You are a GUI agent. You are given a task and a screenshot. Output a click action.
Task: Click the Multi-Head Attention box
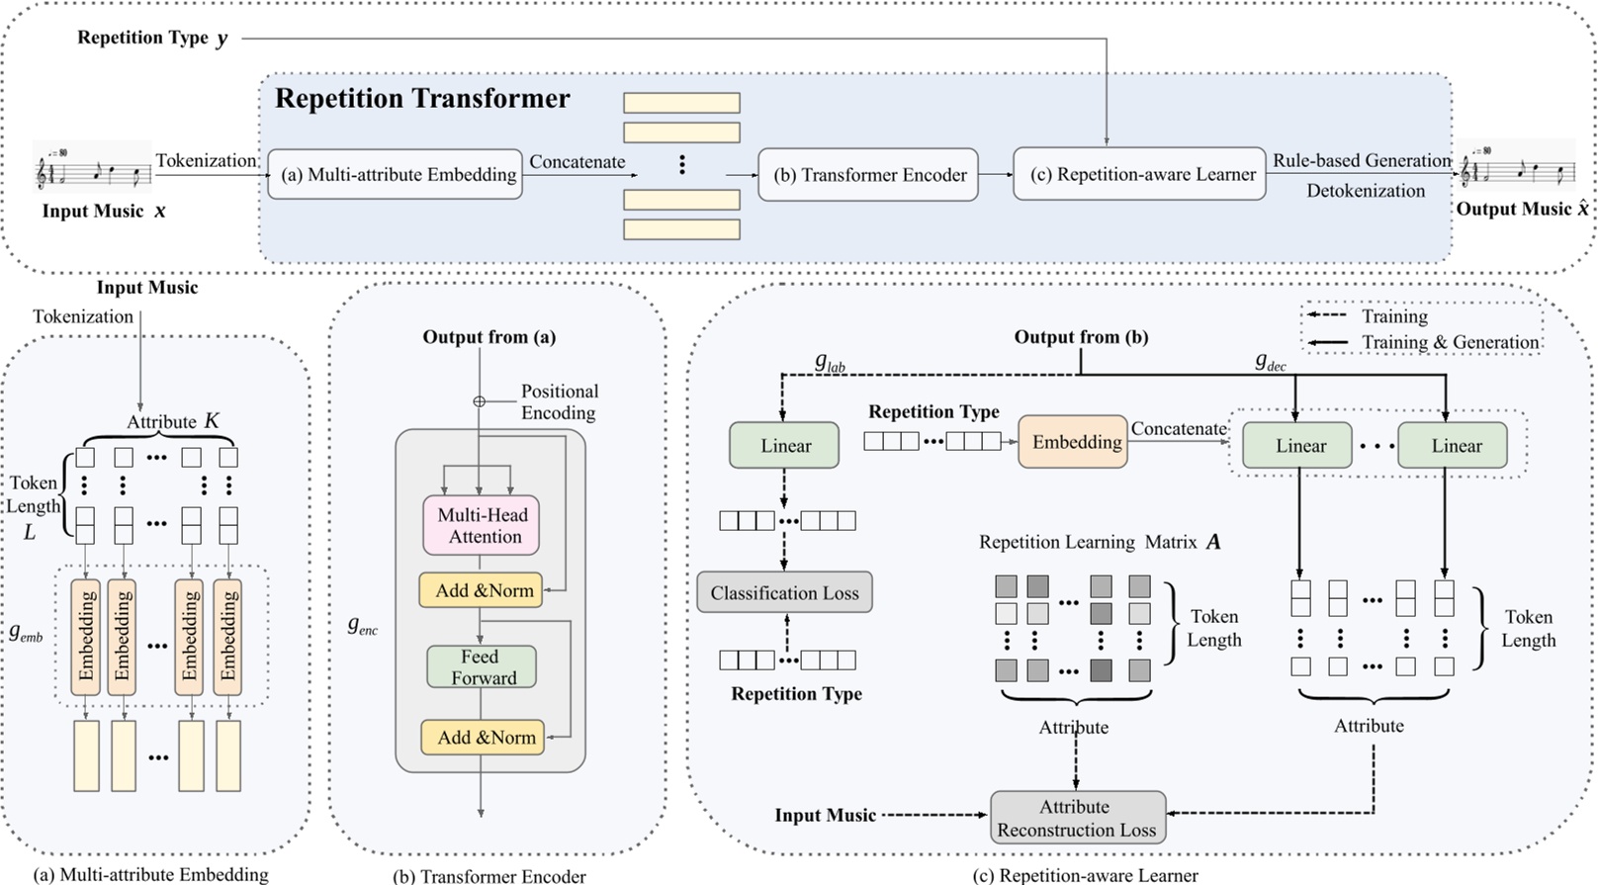pos(483,525)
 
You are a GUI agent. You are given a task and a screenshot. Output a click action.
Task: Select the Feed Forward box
pos(481,667)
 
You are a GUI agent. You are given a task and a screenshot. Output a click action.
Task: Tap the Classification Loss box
pos(784,593)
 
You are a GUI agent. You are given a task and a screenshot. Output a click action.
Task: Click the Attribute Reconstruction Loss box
pos(1076,819)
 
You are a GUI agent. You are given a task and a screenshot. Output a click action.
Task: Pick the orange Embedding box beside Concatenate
pos(1076,442)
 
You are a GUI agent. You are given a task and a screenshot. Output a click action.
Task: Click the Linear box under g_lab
pos(785,446)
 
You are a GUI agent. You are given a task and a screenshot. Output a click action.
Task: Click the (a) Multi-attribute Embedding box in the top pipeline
pos(396,175)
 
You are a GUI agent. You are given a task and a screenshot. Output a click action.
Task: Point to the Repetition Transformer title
pos(422,99)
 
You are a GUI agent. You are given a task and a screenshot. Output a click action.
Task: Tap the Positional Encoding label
pos(559,402)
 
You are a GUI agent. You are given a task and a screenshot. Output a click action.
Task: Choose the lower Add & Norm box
pos(484,738)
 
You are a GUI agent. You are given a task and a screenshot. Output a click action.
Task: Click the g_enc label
pos(362,625)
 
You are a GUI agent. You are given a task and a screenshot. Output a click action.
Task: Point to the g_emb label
pos(27,633)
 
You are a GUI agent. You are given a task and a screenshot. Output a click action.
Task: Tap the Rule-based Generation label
pos(1361,160)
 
